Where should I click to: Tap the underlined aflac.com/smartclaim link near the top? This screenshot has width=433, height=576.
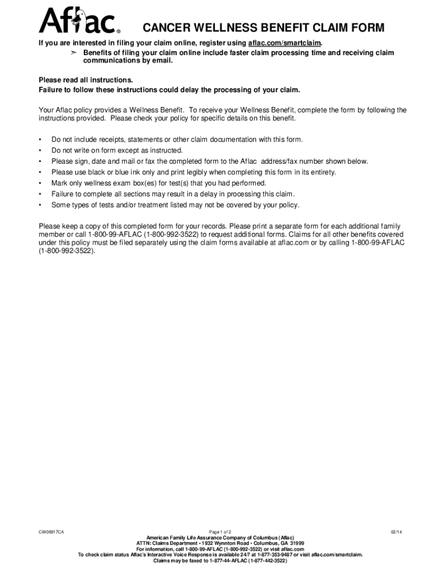pos(285,43)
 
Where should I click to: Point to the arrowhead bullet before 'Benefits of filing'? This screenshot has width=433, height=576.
pos(72,53)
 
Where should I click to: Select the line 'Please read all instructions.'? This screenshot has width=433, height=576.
pos(85,80)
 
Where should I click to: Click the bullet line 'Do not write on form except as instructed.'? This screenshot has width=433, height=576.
pos(117,150)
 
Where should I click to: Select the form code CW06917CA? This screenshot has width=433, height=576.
pos(51,532)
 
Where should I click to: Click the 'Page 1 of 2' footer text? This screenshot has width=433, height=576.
pos(220,532)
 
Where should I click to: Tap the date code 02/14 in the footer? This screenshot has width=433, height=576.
pos(396,532)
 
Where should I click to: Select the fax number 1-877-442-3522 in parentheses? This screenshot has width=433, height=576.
pos(266,561)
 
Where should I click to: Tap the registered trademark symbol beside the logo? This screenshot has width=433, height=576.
pos(118,31)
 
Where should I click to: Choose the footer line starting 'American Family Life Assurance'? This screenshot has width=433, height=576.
pos(220,538)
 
